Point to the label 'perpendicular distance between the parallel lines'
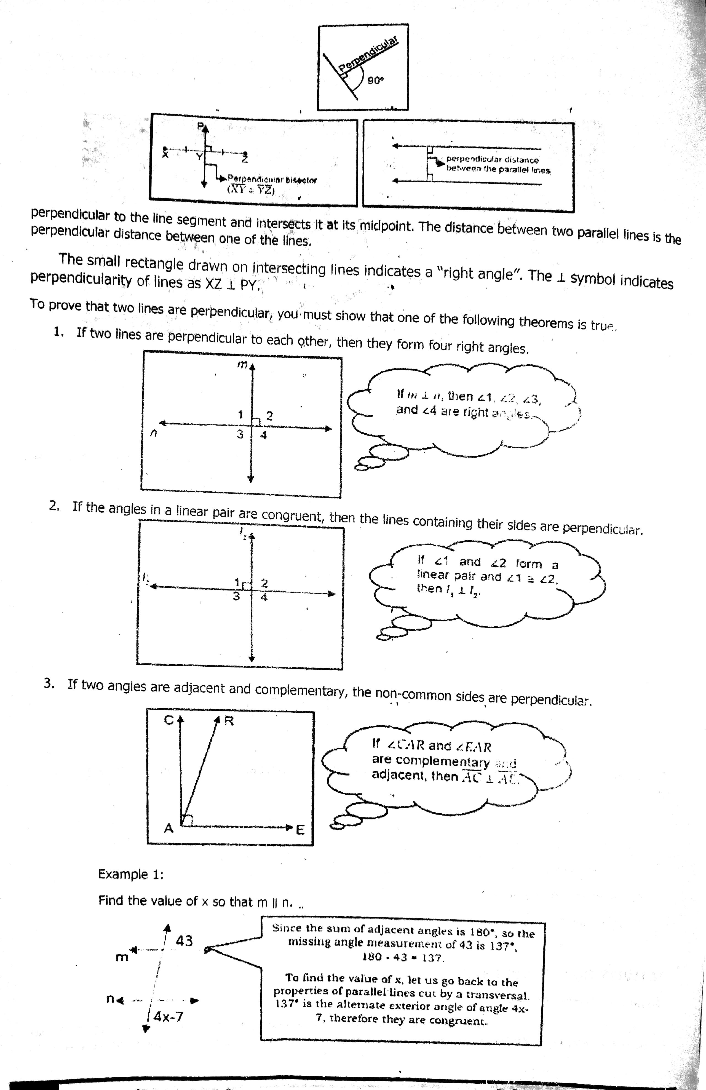pos(498,164)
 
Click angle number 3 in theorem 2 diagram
pos(236,596)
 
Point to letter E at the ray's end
pos(300,829)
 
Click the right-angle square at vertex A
pos(186,820)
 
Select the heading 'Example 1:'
pos(131,874)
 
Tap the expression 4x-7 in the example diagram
pos(168,1017)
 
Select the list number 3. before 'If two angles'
pos(49,683)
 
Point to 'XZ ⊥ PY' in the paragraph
pos(232,284)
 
